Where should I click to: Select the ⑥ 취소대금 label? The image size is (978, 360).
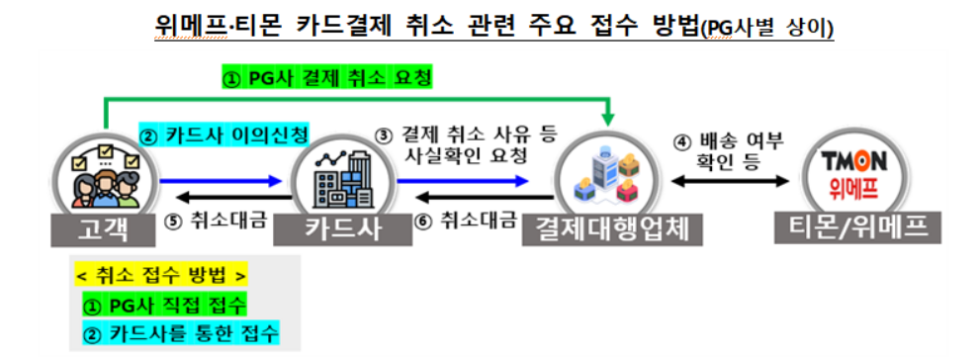(x=467, y=221)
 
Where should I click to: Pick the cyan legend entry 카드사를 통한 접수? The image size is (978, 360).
(x=179, y=334)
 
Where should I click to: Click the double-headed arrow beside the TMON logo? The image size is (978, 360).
(x=729, y=181)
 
